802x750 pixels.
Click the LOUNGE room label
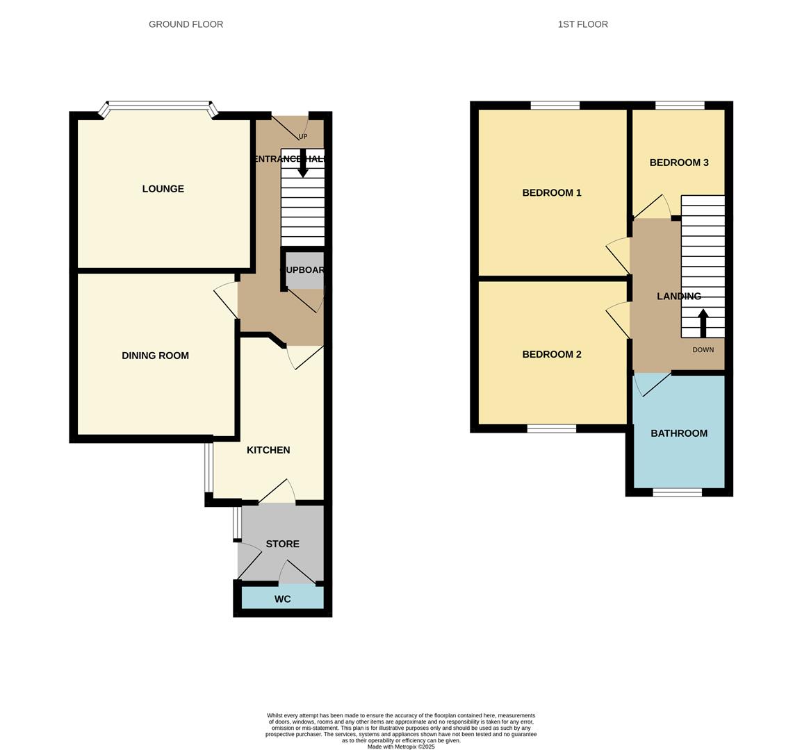click(x=163, y=189)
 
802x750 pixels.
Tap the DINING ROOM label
click(x=155, y=356)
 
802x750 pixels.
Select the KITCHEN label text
click(x=268, y=450)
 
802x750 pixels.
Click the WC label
click(x=282, y=599)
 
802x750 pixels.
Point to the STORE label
click(x=282, y=544)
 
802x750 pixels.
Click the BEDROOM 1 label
click(x=552, y=193)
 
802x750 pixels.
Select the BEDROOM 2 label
click(x=552, y=354)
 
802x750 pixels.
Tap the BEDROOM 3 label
click(x=678, y=162)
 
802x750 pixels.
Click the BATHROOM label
click(x=678, y=433)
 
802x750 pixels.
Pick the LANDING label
click(x=678, y=296)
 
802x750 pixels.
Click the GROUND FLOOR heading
click(x=186, y=24)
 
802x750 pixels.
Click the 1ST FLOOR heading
click(x=582, y=24)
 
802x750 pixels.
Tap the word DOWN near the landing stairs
click(x=703, y=350)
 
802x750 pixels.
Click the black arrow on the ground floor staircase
click(x=303, y=165)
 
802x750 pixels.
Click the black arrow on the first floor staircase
click(x=703, y=322)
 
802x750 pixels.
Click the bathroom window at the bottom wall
click(x=677, y=492)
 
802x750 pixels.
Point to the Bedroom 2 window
click(x=551, y=428)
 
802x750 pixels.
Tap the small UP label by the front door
click(x=302, y=137)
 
